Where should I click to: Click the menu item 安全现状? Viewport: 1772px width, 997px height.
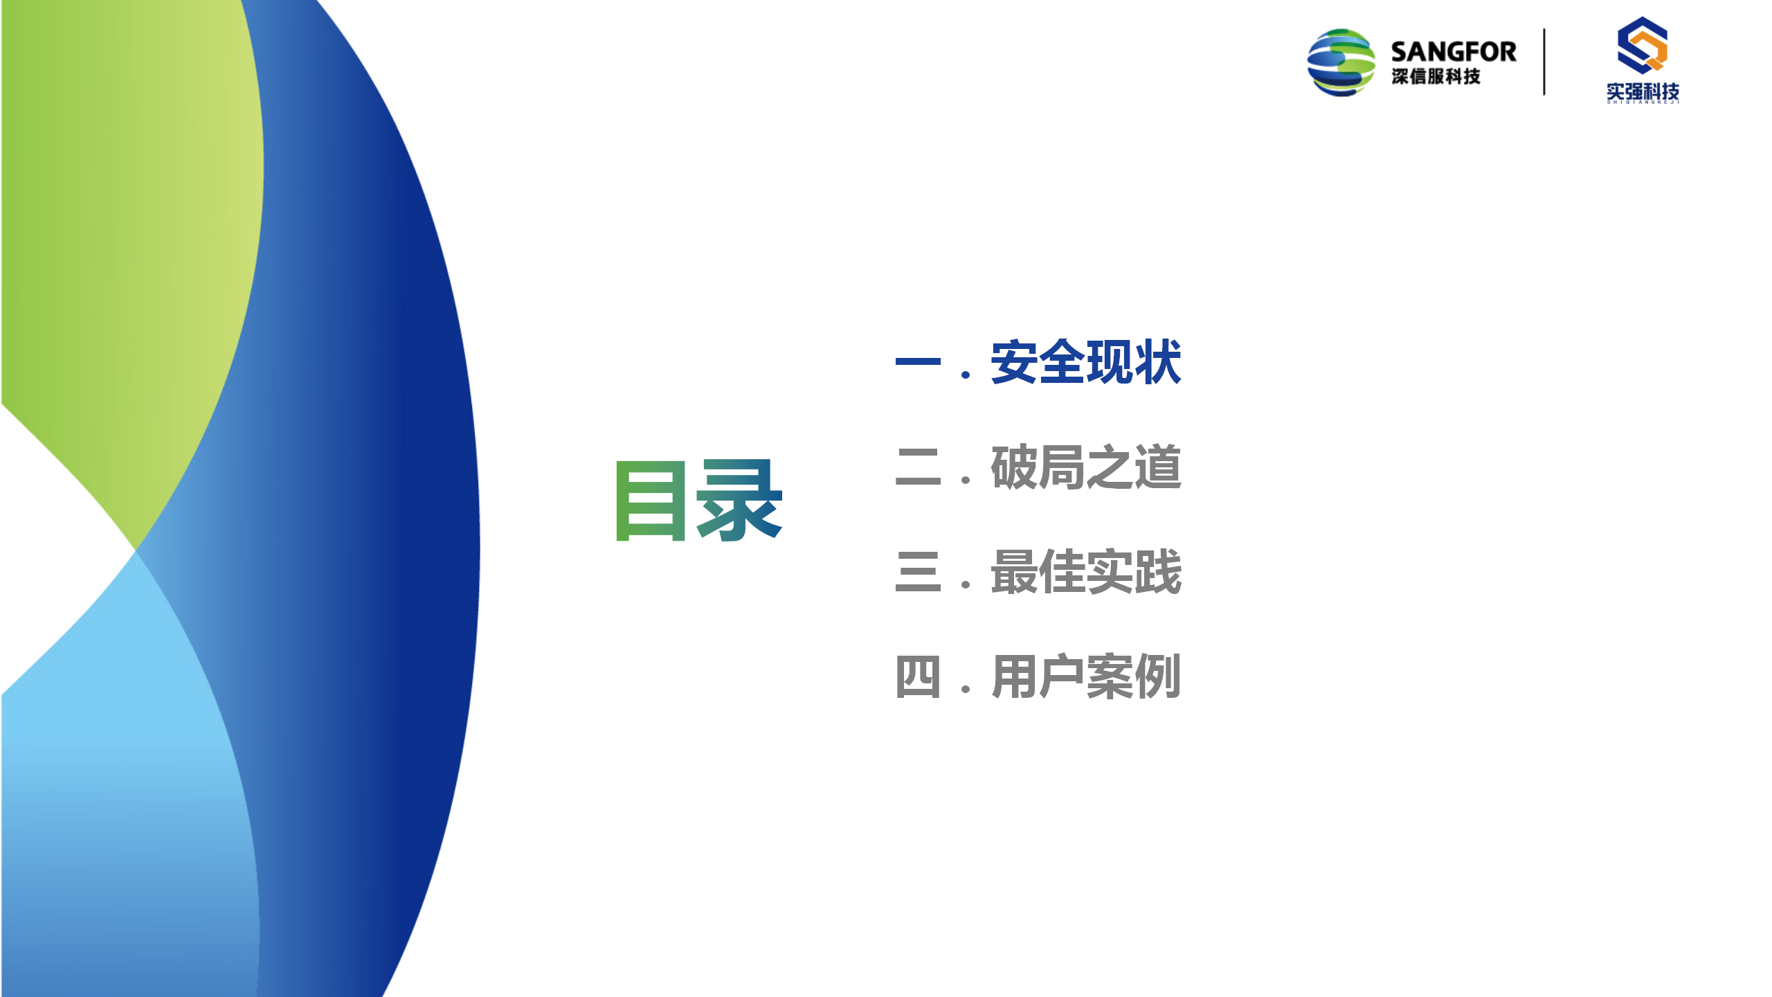point(1085,361)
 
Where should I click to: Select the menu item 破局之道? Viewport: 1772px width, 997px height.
point(1085,467)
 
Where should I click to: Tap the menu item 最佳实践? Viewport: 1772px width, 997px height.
point(1085,572)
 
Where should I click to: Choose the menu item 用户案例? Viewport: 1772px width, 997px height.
point(1085,676)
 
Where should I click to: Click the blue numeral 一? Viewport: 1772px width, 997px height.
point(918,361)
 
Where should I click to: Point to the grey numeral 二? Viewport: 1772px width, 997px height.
point(918,467)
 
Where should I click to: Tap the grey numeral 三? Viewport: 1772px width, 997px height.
point(918,572)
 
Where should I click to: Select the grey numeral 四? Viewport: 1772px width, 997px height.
point(918,676)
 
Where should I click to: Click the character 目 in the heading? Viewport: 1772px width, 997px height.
point(651,500)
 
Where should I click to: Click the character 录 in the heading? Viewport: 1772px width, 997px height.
point(739,500)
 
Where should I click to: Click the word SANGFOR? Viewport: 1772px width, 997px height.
point(1453,52)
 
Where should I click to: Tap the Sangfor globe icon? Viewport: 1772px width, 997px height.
point(1341,62)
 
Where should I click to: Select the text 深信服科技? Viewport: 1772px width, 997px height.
point(1436,76)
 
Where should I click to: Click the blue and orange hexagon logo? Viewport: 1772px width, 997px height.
point(1642,46)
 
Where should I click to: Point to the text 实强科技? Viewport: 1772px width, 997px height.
point(1643,91)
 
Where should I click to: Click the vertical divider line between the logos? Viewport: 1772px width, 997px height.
point(1544,62)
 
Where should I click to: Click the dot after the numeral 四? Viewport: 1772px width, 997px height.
point(966,690)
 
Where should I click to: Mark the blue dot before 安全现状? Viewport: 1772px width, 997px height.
point(966,375)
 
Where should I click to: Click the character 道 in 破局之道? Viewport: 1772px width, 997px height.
point(1157,467)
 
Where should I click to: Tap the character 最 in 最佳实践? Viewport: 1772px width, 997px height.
point(1014,572)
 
